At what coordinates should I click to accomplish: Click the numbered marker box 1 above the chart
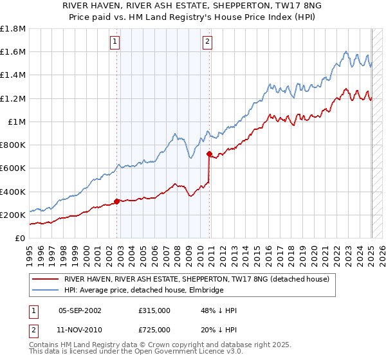[115, 42]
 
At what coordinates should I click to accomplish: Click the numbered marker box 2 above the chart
[208, 42]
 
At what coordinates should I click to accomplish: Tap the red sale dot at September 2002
[116, 201]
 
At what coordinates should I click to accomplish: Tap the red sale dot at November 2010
[210, 154]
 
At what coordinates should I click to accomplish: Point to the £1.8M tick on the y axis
[13, 29]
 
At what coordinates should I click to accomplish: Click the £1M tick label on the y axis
[17, 122]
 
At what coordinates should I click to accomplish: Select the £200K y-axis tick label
[13, 215]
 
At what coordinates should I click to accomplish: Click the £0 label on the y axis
[21, 238]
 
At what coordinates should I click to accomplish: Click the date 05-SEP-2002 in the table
[80, 310]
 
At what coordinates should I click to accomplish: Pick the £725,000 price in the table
[154, 329]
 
